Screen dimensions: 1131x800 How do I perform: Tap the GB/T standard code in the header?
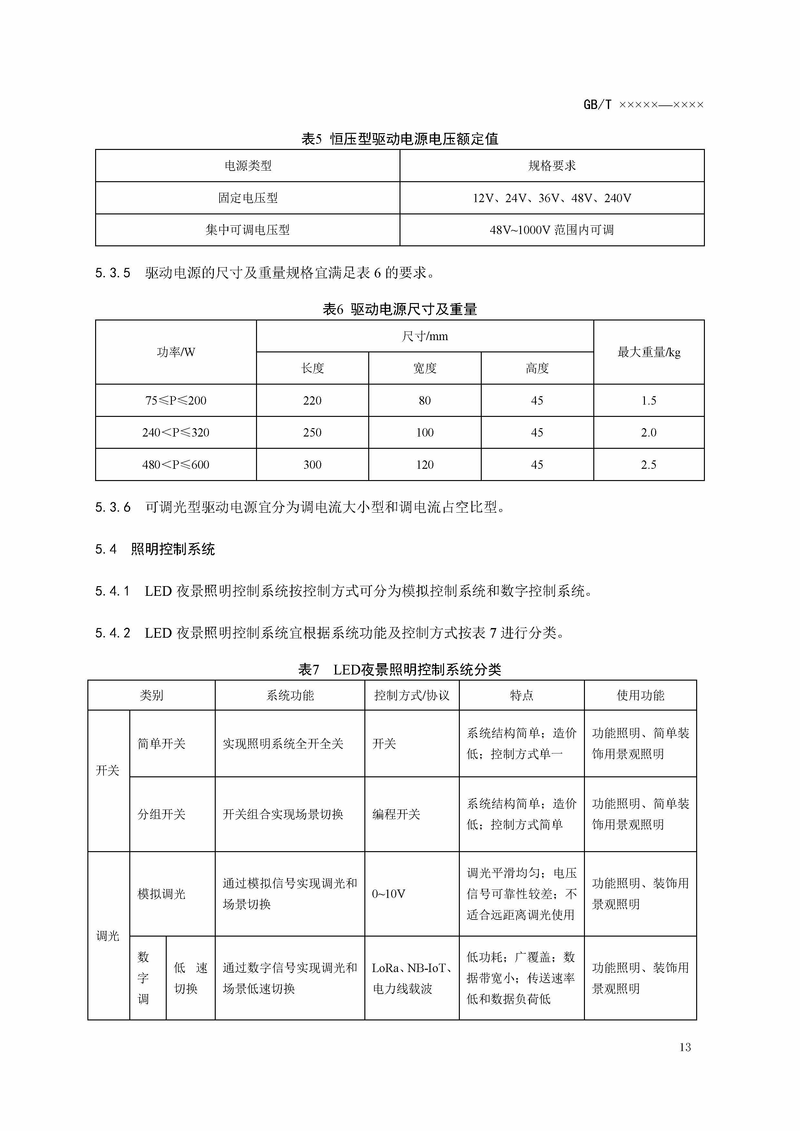[x=643, y=104]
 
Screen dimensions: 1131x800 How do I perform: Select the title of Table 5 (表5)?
[x=400, y=139]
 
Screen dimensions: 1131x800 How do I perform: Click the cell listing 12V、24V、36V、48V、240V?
[x=552, y=198]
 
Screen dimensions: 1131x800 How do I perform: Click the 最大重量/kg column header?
[x=649, y=352]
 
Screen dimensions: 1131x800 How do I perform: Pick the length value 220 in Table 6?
[x=312, y=400]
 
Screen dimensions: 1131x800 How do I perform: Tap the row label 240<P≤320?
[x=176, y=432]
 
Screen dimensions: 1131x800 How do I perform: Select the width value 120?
[x=425, y=465]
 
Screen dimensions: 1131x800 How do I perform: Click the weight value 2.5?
[x=649, y=465]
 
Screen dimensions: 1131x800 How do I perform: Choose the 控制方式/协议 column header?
[x=412, y=695]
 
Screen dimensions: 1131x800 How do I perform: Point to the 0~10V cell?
[x=389, y=894]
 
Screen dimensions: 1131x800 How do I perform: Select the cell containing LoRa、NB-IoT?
[x=412, y=978]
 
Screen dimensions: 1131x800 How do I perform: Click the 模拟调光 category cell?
[x=162, y=894]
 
